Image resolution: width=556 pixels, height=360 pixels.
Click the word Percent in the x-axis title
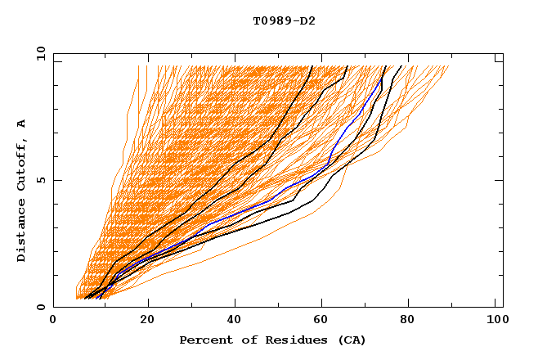(x=205, y=340)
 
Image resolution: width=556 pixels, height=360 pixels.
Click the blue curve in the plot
(x=270, y=200)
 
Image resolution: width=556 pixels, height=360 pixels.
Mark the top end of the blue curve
(x=380, y=79)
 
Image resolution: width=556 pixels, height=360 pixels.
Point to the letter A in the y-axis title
(x=21, y=123)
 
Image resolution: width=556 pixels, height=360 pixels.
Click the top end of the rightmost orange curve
(x=449, y=66)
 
